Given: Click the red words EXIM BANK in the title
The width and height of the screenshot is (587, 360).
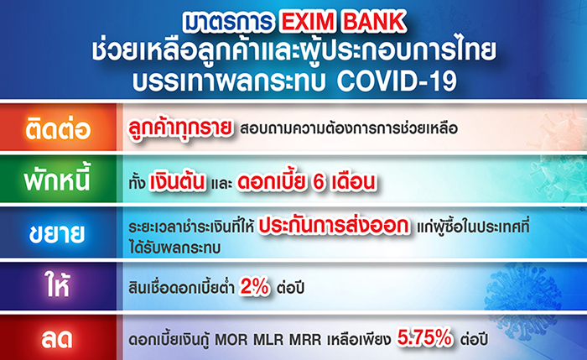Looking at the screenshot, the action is coord(343,22).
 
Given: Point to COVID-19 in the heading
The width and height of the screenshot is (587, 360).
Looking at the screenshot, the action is coord(397,81).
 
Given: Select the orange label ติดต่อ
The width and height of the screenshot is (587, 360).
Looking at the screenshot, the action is coord(58,128).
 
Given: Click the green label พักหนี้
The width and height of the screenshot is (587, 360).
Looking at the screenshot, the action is coord(57,179).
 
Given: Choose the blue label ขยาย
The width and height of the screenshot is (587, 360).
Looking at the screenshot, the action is coord(57,233).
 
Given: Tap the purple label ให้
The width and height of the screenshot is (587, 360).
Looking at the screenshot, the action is coord(57,285).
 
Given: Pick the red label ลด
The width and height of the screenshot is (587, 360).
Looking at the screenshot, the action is coord(57,339).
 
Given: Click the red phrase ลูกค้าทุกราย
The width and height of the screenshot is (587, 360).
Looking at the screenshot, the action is coord(180,128).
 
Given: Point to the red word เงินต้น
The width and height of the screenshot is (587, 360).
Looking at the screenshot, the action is coord(178,182).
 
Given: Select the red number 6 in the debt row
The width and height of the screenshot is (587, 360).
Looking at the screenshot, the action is coord(319,182).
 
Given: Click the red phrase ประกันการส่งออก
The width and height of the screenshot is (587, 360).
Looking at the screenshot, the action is coord(334,226).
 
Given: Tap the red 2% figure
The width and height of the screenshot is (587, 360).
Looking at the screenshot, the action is coord(255,287).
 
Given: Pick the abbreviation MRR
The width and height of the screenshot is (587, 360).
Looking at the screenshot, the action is coord(305,340).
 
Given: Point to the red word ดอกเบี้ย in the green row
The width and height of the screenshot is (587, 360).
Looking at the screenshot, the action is coord(270,182).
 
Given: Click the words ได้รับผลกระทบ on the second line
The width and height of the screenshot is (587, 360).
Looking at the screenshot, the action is coord(174,248).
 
